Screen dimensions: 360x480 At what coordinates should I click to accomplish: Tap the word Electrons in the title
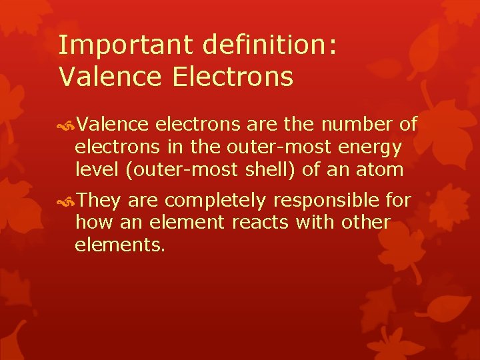(233, 77)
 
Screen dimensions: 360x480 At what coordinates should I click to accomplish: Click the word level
(95, 169)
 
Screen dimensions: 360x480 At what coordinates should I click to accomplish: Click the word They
(99, 200)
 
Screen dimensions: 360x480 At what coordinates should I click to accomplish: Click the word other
(367, 222)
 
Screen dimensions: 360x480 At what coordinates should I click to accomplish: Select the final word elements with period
(119, 245)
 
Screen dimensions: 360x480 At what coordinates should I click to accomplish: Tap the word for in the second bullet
(398, 200)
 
